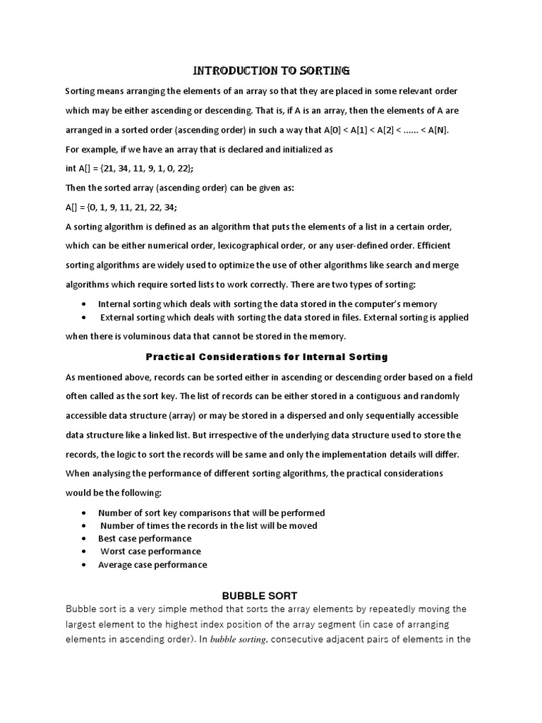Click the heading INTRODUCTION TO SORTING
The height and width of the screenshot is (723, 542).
[x=272, y=71]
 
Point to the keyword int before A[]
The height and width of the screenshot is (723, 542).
[x=71, y=169]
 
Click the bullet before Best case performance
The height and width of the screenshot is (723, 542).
[x=85, y=539]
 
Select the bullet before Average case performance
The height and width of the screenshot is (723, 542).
[x=85, y=565]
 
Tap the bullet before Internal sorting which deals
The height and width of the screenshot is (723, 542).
[x=85, y=304]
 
